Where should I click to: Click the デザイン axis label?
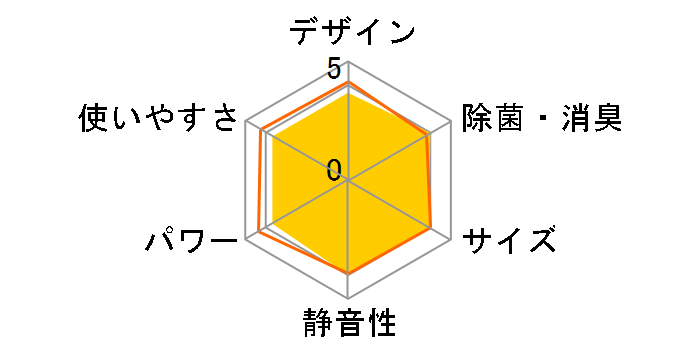(x=352, y=31)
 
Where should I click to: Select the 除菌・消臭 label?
(x=541, y=120)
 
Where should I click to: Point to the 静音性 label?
(x=348, y=325)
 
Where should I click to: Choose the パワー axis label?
(x=191, y=241)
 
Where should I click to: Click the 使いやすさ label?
(x=160, y=120)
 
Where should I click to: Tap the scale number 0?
(x=333, y=170)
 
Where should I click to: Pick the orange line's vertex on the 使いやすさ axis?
(x=262, y=131)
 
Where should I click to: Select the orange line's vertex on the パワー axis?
(x=259, y=232)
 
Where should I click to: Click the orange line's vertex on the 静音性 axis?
(x=348, y=273)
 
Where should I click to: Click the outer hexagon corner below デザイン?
(x=348, y=63)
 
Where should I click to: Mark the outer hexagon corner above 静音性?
(x=348, y=298)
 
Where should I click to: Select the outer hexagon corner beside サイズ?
(x=450, y=239)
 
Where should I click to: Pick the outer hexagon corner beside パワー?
(x=246, y=239)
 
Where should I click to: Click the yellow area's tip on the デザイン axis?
(x=348, y=94)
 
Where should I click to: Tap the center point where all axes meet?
(x=348, y=181)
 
